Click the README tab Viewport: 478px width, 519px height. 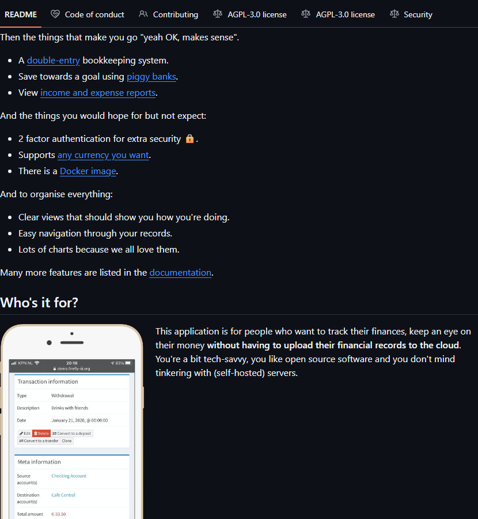(x=21, y=14)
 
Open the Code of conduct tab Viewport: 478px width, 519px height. (x=94, y=14)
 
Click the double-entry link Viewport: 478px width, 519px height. (x=53, y=60)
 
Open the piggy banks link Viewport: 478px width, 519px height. (x=151, y=76)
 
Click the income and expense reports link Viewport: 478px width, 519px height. (x=98, y=92)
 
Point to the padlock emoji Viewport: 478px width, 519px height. (x=189, y=139)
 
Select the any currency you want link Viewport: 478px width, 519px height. (x=103, y=155)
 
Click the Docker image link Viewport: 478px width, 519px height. (x=88, y=171)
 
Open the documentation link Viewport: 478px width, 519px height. (x=180, y=272)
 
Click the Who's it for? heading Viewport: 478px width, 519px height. (x=39, y=302)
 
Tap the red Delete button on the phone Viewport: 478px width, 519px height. (x=41, y=433)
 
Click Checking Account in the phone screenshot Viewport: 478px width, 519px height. (x=69, y=476)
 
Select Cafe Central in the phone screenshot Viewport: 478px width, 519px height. (x=63, y=495)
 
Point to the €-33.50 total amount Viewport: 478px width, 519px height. (x=58, y=514)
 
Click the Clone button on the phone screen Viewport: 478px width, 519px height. (x=67, y=441)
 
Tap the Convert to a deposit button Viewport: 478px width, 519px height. (x=71, y=433)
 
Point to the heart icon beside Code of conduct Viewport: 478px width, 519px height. (x=55, y=14)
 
